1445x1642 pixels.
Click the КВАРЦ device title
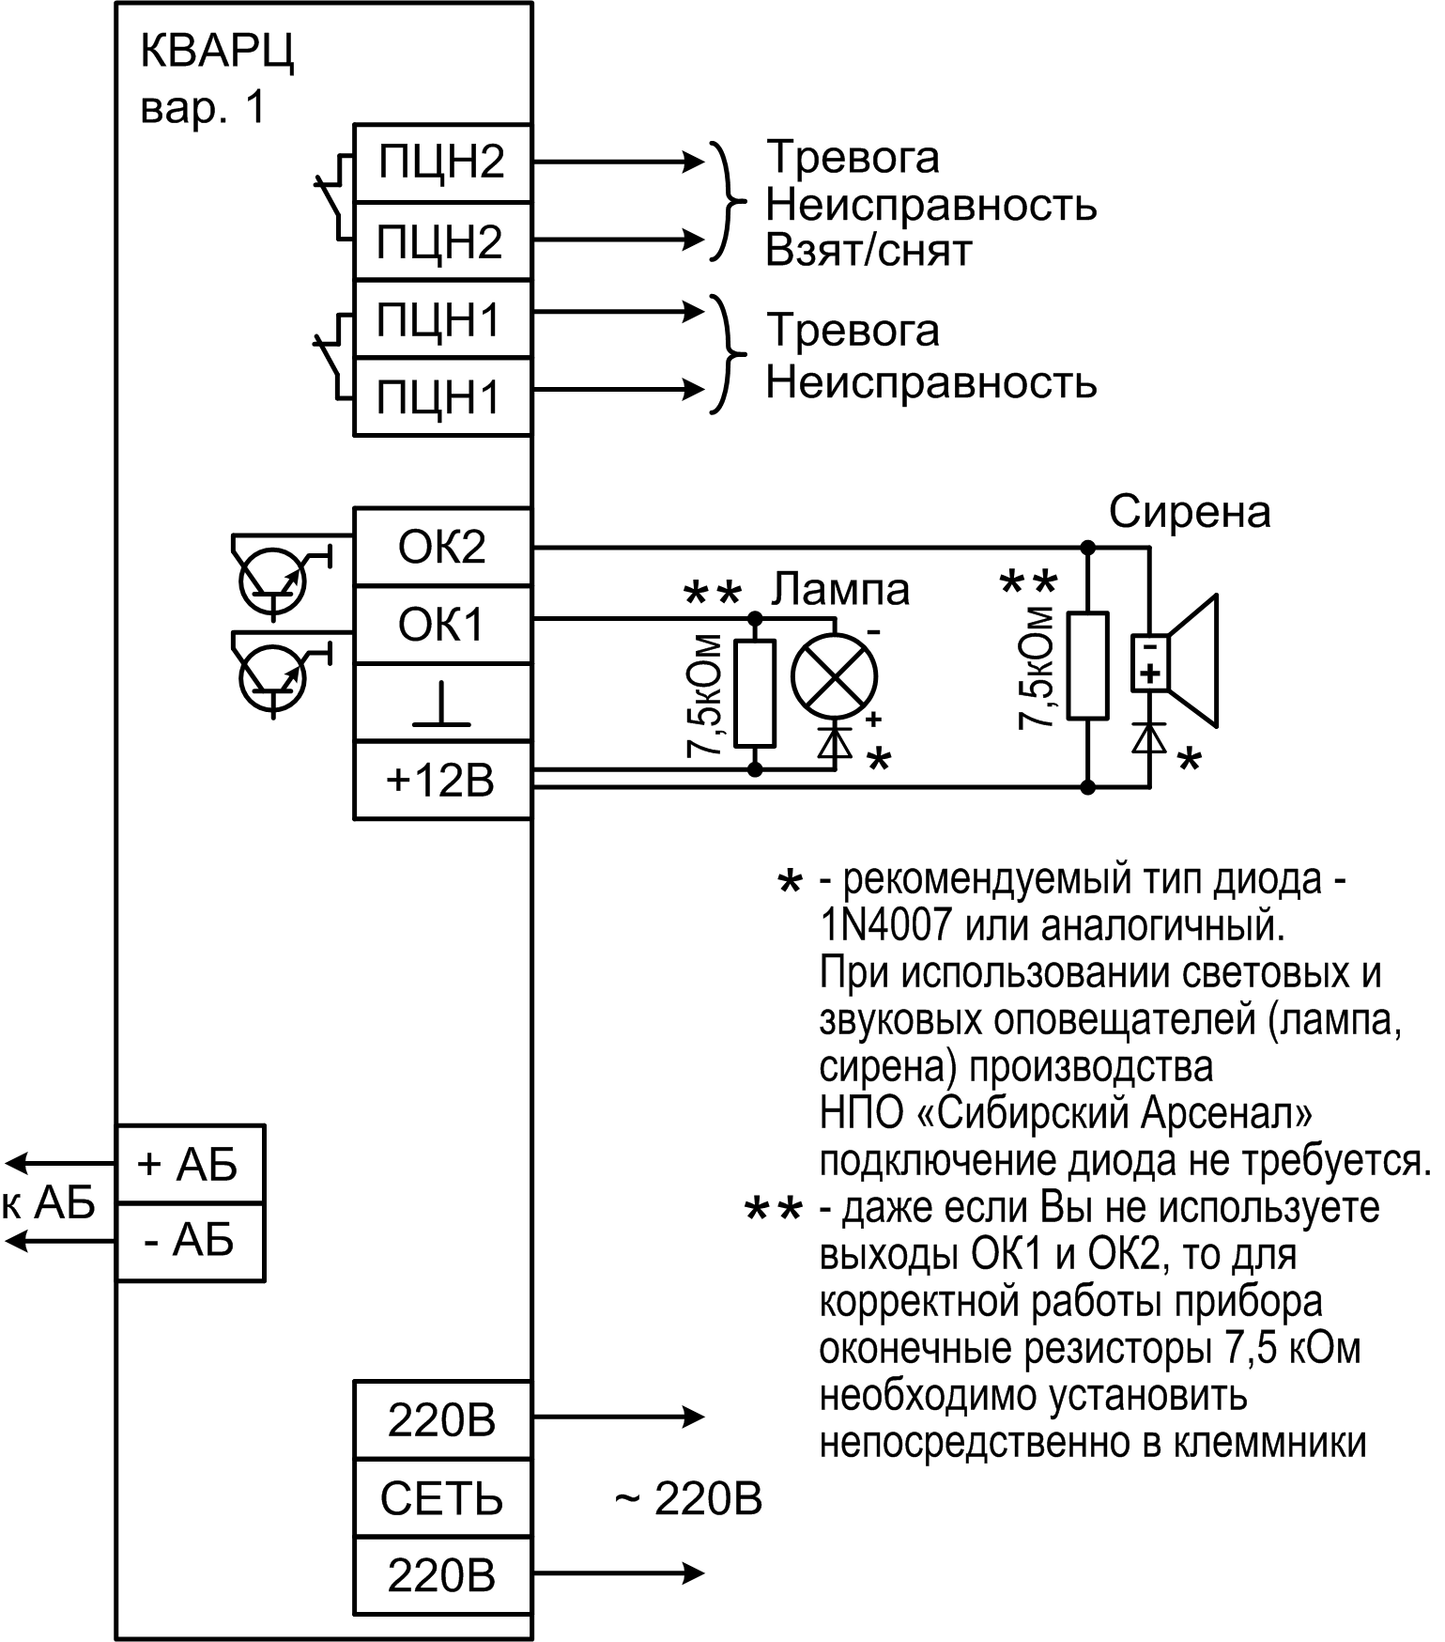(217, 53)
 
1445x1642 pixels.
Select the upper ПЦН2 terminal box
(441, 163)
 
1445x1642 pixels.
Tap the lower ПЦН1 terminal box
(441, 396)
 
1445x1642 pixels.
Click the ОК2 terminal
(441, 547)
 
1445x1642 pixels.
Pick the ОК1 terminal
(441, 625)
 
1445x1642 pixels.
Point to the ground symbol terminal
(441, 703)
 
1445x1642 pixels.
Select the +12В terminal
(441, 781)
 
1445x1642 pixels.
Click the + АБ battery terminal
(190, 1164)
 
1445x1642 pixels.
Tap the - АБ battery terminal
(190, 1241)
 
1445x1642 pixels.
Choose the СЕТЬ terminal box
(441, 1498)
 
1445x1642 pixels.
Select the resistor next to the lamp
(755, 693)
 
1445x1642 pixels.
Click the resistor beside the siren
(1088, 665)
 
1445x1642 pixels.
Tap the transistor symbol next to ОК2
(273, 580)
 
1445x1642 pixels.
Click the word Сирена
(1190, 513)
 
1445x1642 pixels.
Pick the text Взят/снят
(869, 252)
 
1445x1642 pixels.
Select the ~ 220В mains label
(688, 1499)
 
